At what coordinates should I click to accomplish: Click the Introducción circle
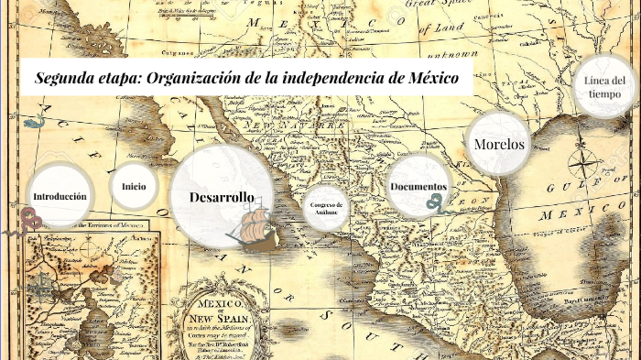[60, 196]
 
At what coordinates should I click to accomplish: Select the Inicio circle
[134, 186]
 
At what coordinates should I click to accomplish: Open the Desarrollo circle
[221, 197]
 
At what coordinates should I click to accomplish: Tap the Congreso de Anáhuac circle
[326, 208]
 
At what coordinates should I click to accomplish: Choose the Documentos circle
[418, 187]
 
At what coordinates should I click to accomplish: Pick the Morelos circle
[499, 144]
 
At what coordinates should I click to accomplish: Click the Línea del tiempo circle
[605, 88]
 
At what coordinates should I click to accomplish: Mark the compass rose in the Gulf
[582, 165]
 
